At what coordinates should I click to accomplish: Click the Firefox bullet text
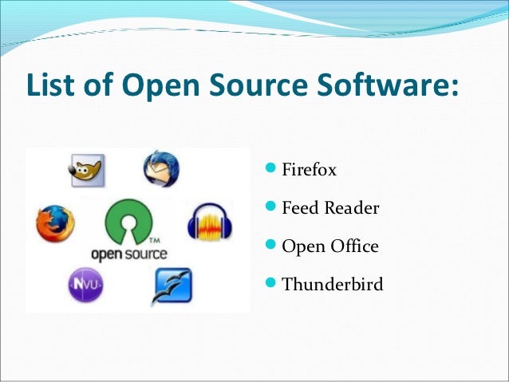tap(310, 171)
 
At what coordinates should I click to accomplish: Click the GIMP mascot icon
tap(87, 170)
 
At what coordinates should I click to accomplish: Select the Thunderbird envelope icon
tap(161, 169)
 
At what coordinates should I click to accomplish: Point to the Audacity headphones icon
tap(209, 222)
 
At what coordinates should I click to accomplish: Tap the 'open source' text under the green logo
tap(128, 254)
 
